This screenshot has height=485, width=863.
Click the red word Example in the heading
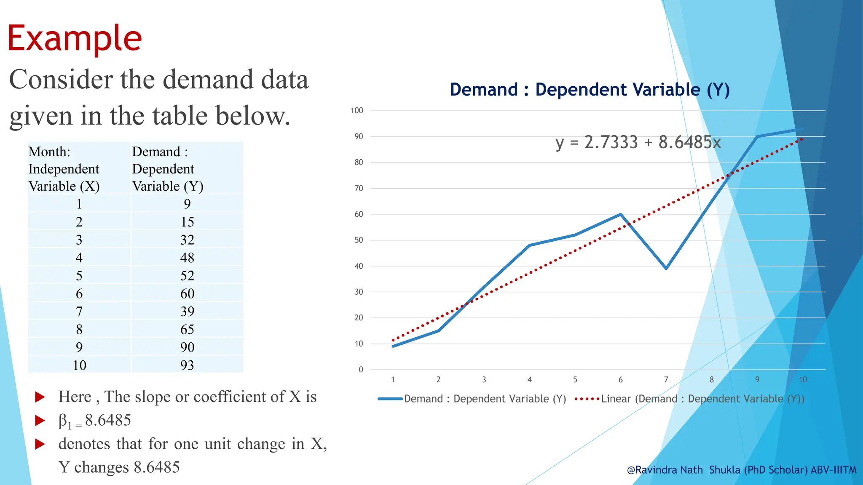75,39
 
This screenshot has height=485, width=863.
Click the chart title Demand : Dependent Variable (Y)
590,90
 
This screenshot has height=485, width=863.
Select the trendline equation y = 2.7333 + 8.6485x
638,142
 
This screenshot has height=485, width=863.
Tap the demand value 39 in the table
187,312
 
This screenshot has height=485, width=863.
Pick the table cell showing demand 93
187,365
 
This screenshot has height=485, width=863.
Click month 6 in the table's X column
79,293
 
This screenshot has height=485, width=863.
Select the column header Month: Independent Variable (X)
64,169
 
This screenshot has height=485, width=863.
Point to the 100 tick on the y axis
356,111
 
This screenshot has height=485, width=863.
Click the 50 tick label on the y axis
359,240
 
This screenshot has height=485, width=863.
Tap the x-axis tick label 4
529,380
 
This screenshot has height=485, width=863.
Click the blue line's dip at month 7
666,268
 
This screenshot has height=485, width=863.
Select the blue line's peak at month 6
620,214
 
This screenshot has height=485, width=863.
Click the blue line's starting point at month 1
393,346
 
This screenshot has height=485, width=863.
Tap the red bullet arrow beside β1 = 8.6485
40,420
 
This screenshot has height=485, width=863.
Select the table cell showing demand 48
187,258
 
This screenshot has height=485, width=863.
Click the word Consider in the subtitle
61,80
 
